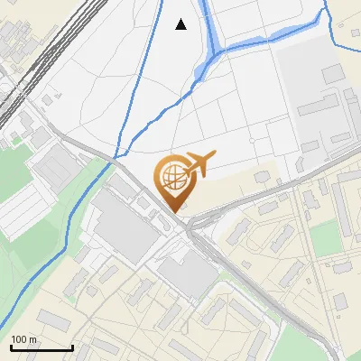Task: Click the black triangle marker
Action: pos(181,24)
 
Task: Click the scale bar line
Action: pos(42,347)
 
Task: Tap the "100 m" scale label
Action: pos(23,339)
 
